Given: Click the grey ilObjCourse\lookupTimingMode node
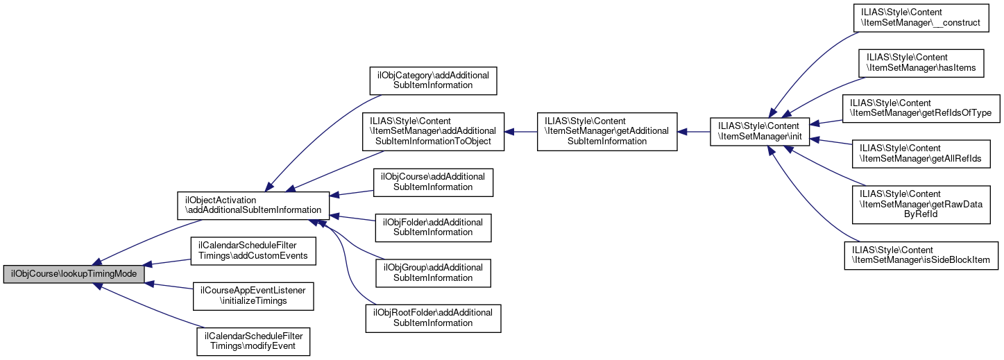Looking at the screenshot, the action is (x=74, y=274).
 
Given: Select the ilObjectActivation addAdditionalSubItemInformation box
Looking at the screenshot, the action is (x=253, y=206).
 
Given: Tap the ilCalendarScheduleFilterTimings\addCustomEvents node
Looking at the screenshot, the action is (x=253, y=251).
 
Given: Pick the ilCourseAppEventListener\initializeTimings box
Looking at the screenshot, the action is (x=253, y=296).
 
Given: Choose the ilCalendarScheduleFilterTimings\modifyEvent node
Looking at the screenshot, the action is (x=253, y=342).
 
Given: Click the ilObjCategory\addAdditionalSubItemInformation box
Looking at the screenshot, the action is (x=433, y=80).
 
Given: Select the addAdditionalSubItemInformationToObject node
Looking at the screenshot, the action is (x=433, y=132).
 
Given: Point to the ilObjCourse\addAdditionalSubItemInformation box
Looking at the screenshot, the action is (x=433, y=182).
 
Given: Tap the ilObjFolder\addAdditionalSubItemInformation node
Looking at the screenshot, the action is (x=433, y=228).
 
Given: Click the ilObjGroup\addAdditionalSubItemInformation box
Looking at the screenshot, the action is (x=433, y=273).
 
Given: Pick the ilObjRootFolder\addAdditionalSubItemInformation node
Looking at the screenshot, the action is (x=433, y=319).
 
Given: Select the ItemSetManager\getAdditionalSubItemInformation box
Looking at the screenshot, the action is (x=607, y=132).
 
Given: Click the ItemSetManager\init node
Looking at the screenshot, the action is (x=760, y=132).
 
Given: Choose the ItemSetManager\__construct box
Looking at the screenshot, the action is (x=921, y=18).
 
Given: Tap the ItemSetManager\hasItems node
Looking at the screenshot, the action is (x=921, y=63).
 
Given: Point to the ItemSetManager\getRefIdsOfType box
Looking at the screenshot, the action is (x=921, y=108).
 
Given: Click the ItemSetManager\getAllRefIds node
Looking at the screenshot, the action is (x=921, y=154).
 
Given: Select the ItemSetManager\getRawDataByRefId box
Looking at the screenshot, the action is (x=921, y=205).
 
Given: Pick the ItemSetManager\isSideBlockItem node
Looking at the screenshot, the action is (x=921, y=255).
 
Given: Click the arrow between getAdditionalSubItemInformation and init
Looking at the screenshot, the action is (x=694, y=132).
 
